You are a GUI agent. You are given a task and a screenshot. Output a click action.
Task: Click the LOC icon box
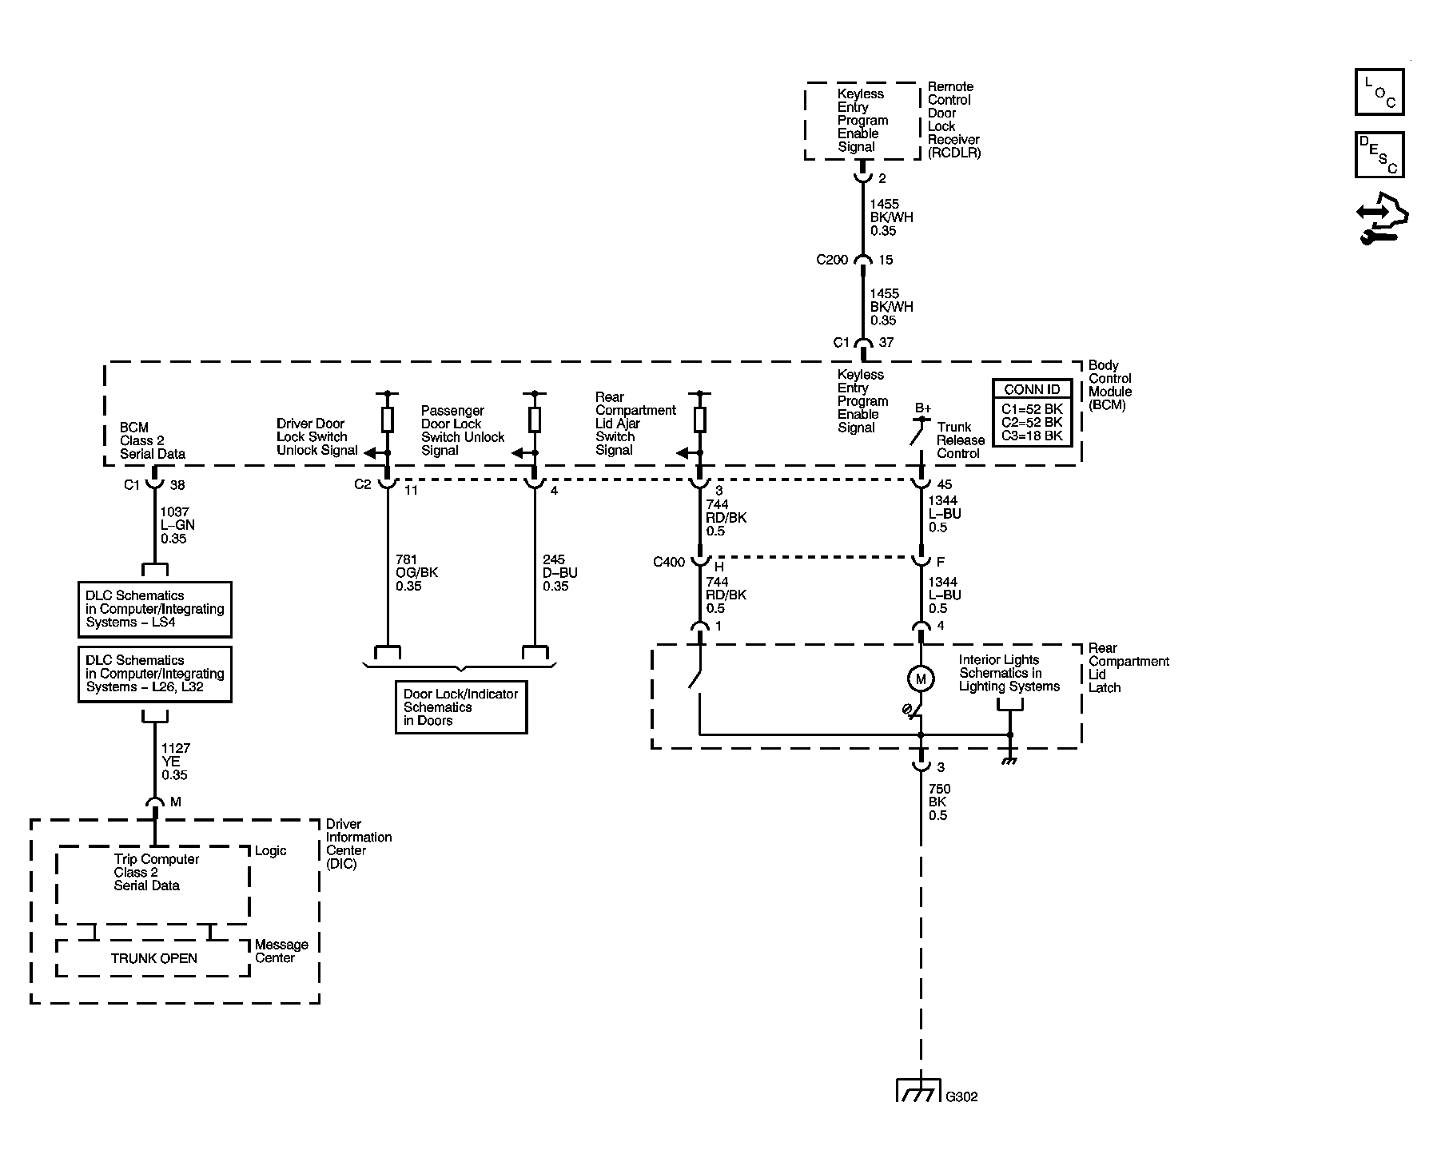pyautogui.click(x=1379, y=92)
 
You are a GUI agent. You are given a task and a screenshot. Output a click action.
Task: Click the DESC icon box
pyautogui.click(x=1379, y=155)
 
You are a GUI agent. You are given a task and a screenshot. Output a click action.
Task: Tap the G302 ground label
pyautogui.click(x=961, y=1096)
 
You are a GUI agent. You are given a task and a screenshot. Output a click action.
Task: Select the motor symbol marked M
pyautogui.click(x=921, y=679)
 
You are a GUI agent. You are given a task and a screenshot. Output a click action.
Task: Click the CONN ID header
pyautogui.click(x=1032, y=389)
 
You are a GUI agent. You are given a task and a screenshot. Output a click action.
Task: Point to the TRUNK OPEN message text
pyautogui.click(x=153, y=958)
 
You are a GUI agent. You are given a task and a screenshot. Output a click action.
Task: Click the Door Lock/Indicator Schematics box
pyautogui.click(x=461, y=706)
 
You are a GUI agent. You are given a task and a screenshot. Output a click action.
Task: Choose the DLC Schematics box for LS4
pyautogui.click(x=155, y=609)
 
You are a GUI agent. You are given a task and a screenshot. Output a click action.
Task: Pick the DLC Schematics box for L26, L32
pyautogui.click(x=155, y=674)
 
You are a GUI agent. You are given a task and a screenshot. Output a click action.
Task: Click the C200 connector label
pyautogui.click(x=832, y=260)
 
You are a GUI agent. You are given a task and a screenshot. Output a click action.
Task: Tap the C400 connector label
pyautogui.click(x=669, y=562)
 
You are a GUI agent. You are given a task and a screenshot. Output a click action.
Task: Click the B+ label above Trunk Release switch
pyautogui.click(x=923, y=408)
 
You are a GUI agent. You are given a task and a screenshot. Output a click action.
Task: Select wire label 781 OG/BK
pyautogui.click(x=417, y=573)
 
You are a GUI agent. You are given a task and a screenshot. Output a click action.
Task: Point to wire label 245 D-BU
pyautogui.click(x=560, y=573)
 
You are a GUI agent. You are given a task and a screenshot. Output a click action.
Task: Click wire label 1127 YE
pyautogui.click(x=176, y=762)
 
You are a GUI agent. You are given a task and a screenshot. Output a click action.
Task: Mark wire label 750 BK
pyautogui.click(x=939, y=802)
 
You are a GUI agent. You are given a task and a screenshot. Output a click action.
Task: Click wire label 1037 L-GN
pyautogui.click(x=177, y=525)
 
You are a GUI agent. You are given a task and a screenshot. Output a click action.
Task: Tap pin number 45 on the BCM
pyautogui.click(x=945, y=484)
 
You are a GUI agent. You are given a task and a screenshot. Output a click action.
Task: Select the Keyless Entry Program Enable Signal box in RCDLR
pyautogui.click(x=862, y=121)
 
